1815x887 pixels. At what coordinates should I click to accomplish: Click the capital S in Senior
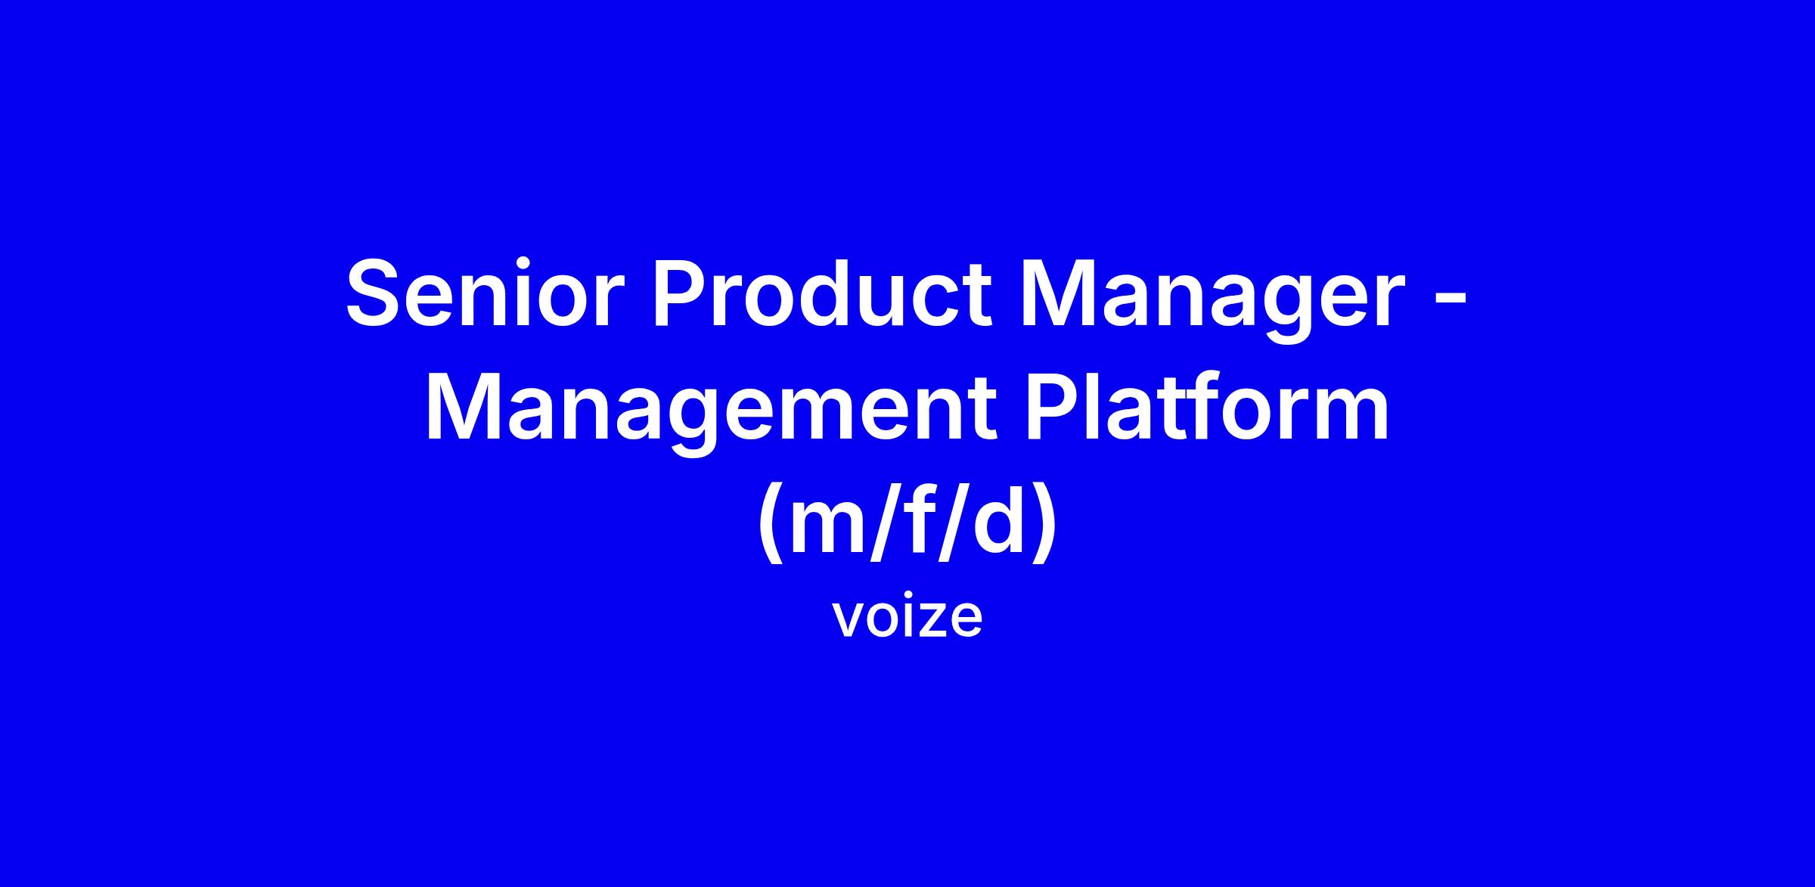click(377, 294)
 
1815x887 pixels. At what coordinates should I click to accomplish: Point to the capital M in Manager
click(1059, 294)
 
